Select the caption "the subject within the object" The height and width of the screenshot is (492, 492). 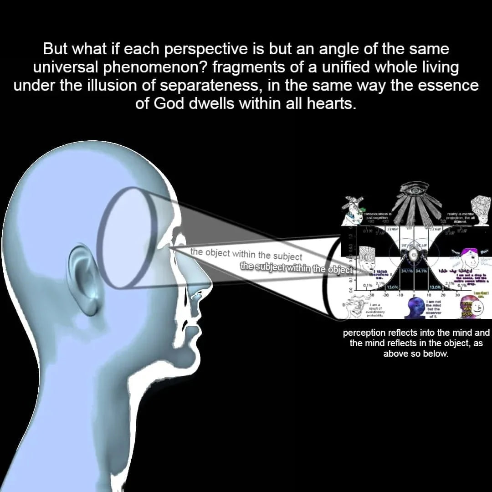tap(297, 268)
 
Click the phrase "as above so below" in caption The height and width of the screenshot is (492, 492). tap(416, 354)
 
